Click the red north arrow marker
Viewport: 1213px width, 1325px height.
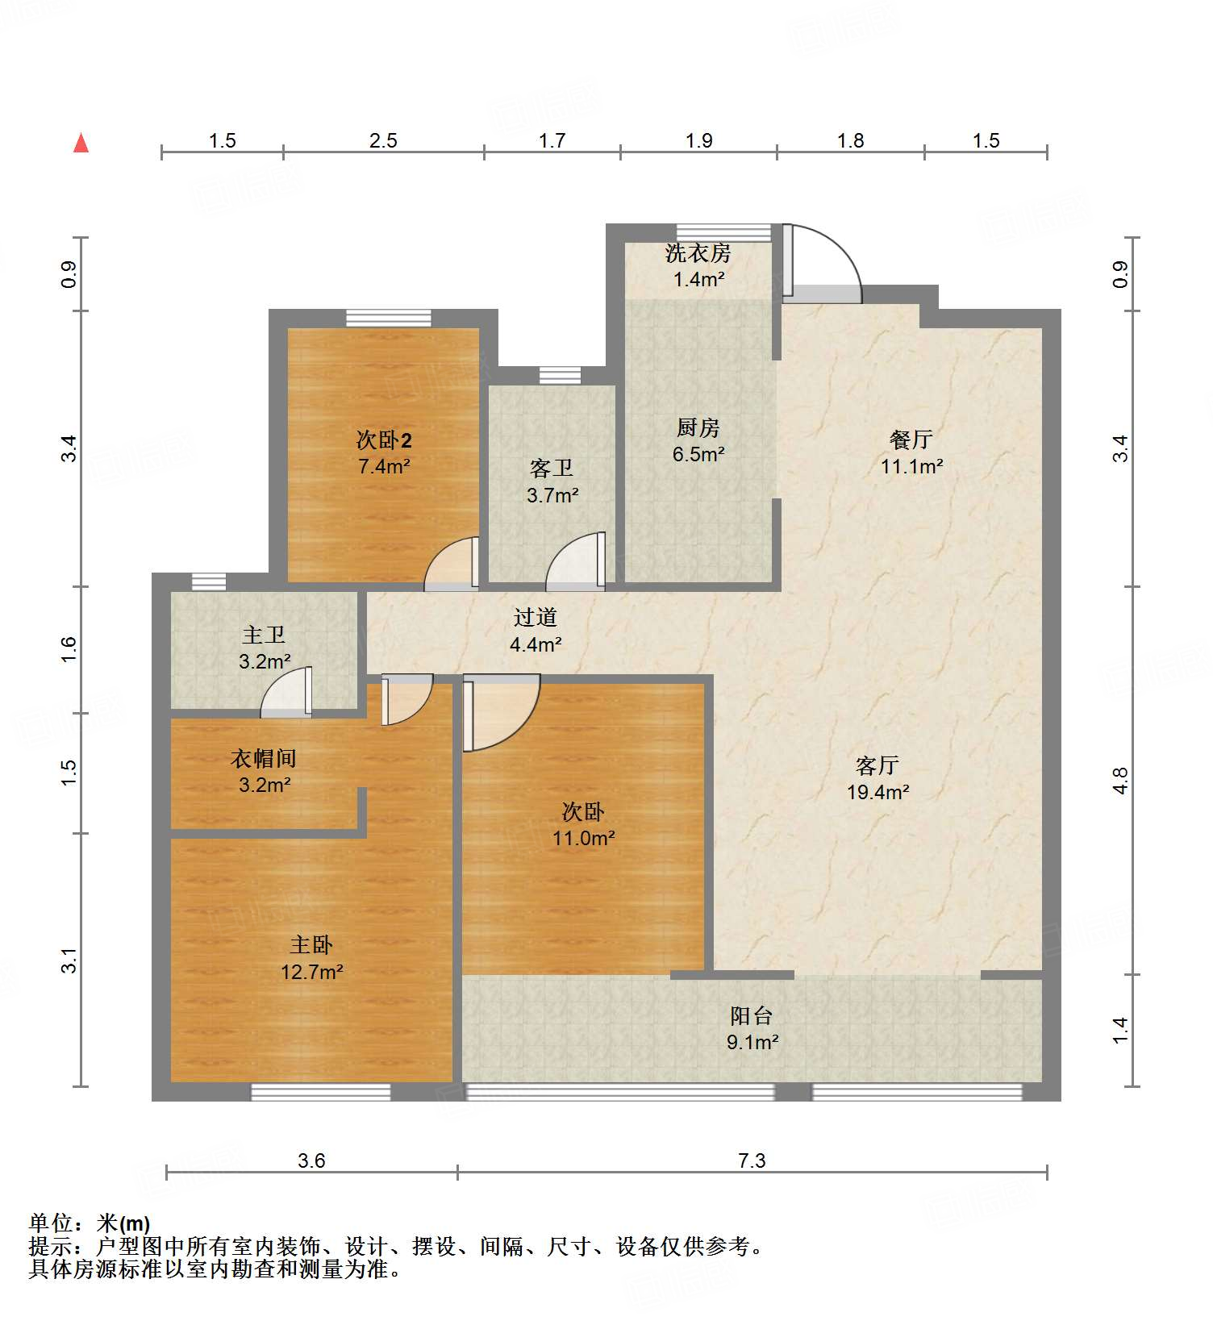[x=81, y=144]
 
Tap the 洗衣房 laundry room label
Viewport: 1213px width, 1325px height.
[x=698, y=253]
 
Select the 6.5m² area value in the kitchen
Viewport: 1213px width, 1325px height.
[x=698, y=454]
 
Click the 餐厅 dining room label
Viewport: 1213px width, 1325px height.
[x=911, y=440]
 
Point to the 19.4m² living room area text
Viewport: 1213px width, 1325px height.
[x=877, y=792]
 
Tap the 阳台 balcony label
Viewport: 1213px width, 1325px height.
[x=751, y=1015]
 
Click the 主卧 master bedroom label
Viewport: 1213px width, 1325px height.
[x=311, y=944]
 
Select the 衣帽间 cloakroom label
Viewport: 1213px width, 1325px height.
[x=264, y=758]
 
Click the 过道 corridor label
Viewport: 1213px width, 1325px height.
[x=536, y=618]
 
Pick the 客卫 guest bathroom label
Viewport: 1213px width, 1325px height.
[x=552, y=468]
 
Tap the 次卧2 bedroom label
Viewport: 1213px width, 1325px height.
[x=384, y=440]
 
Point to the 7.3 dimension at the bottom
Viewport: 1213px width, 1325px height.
[x=752, y=1160]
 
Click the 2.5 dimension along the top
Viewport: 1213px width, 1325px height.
[x=383, y=140]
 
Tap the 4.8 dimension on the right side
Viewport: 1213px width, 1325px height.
[x=1120, y=781]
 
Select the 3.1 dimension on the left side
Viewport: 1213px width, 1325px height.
[x=69, y=960]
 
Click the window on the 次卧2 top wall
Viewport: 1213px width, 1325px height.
[x=389, y=318]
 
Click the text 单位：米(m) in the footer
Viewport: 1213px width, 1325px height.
[x=90, y=1223]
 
